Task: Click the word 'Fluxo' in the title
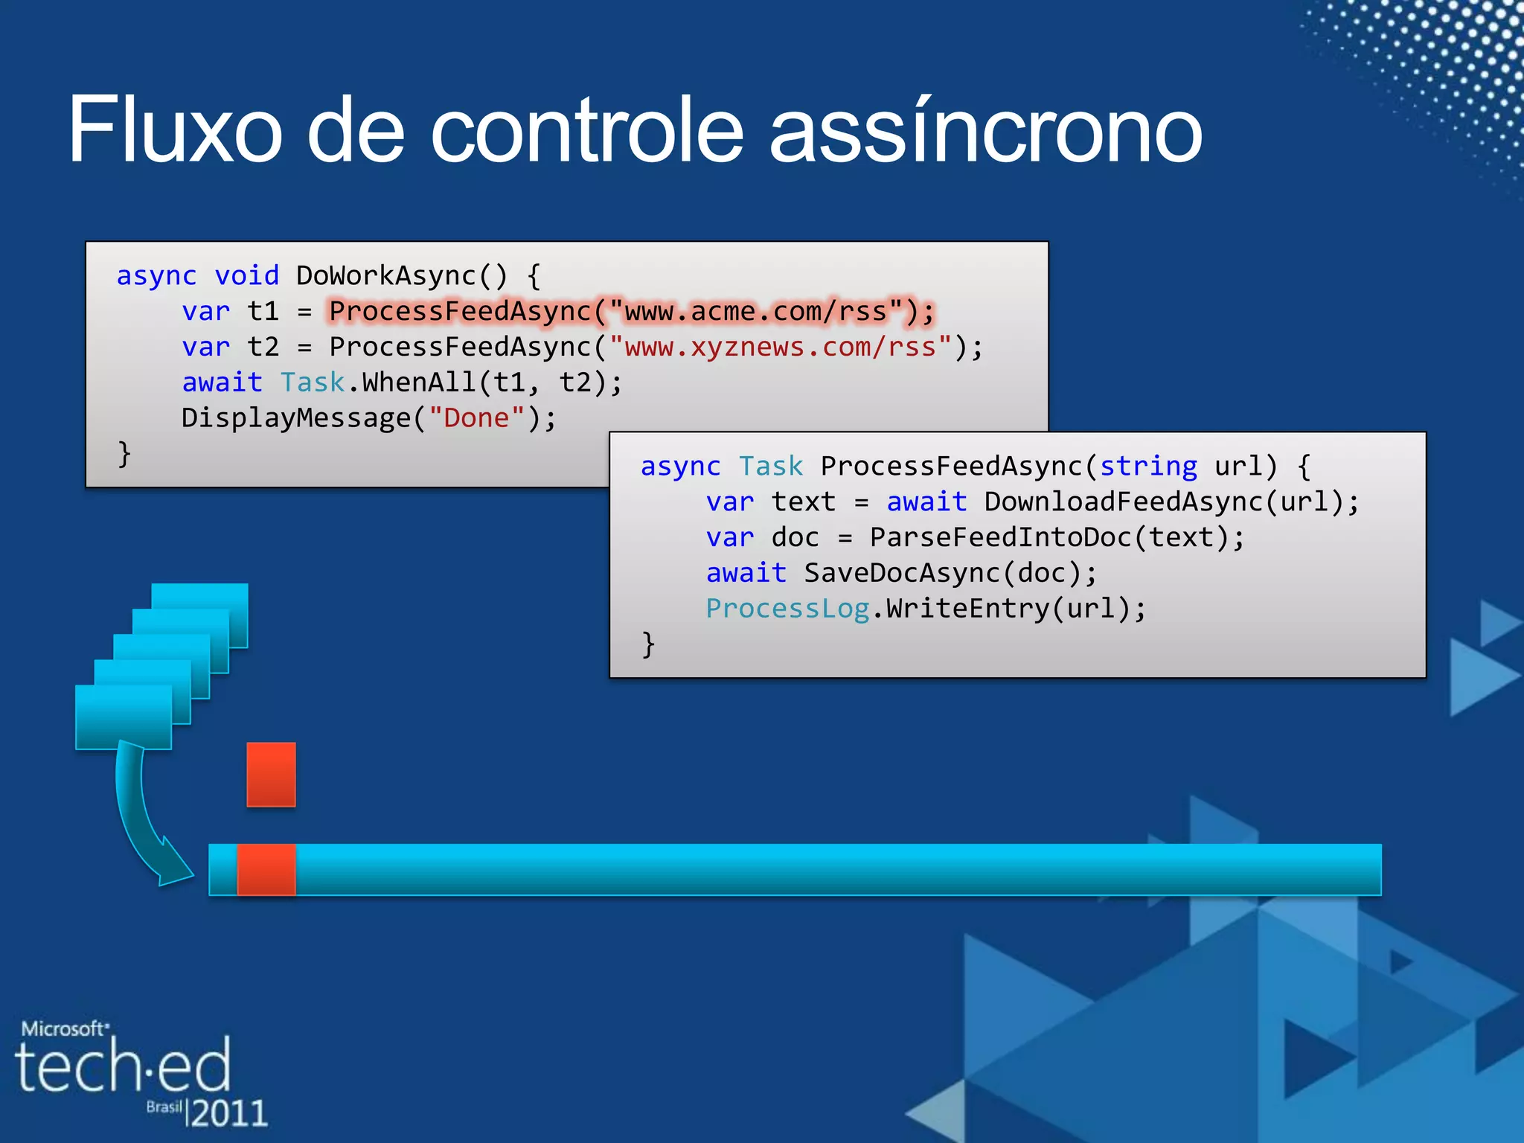[x=175, y=130]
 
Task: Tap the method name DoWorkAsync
[x=386, y=276]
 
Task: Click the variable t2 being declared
[x=263, y=348]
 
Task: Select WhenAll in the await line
[x=419, y=383]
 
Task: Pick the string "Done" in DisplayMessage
[x=476, y=418]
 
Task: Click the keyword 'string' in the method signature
[x=1148, y=467]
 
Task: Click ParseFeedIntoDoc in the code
[x=1000, y=538]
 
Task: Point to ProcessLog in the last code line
[x=787, y=609]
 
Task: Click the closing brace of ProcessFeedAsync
[x=648, y=644]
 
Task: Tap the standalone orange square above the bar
[x=271, y=774]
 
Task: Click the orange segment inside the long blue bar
[x=266, y=869]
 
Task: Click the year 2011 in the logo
[x=228, y=1112]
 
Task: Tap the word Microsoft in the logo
[x=63, y=1029]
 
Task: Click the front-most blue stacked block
[x=124, y=717]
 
